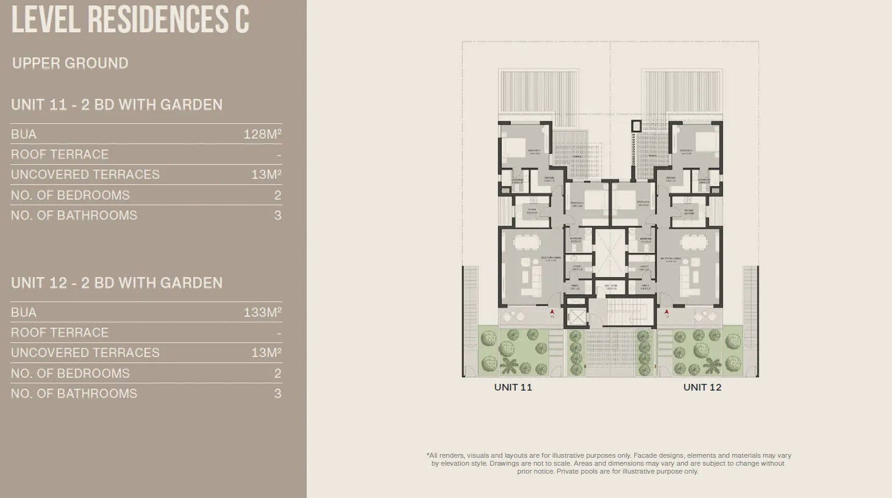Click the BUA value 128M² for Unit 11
pos(262,134)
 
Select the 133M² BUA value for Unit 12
pos(262,312)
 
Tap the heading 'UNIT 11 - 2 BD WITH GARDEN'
pos(116,105)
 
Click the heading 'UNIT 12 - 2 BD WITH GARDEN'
pos(116,283)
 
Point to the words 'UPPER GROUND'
pos(70,63)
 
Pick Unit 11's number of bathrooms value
pos(277,215)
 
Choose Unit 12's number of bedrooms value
pos(277,374)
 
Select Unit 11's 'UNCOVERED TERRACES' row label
pos(85,175)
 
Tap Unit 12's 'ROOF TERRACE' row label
pos(60,333)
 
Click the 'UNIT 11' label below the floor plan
pos(513,388)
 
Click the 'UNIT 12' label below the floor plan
pos(702,388)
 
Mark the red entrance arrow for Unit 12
pos(667,311)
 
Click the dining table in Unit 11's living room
pos(526,242)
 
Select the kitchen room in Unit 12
pos(688,211)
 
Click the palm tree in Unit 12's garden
pos(711,366)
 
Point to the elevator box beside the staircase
pos(575,317)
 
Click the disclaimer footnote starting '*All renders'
pos(608,463)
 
